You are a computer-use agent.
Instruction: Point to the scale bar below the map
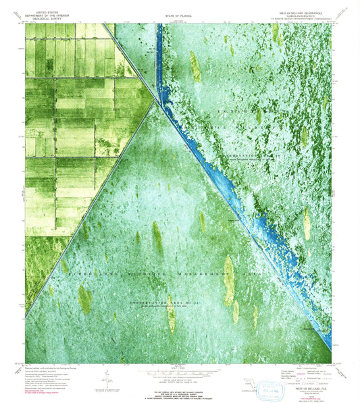180,370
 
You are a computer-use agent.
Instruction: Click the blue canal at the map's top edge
159,27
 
